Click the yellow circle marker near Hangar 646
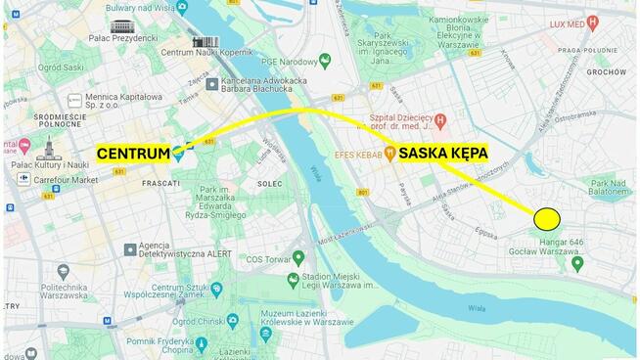(x=547, y=218)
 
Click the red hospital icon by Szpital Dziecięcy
(x=440, y=120)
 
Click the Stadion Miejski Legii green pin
(x=294, y=280)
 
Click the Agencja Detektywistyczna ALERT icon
(x=129, y=250)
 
